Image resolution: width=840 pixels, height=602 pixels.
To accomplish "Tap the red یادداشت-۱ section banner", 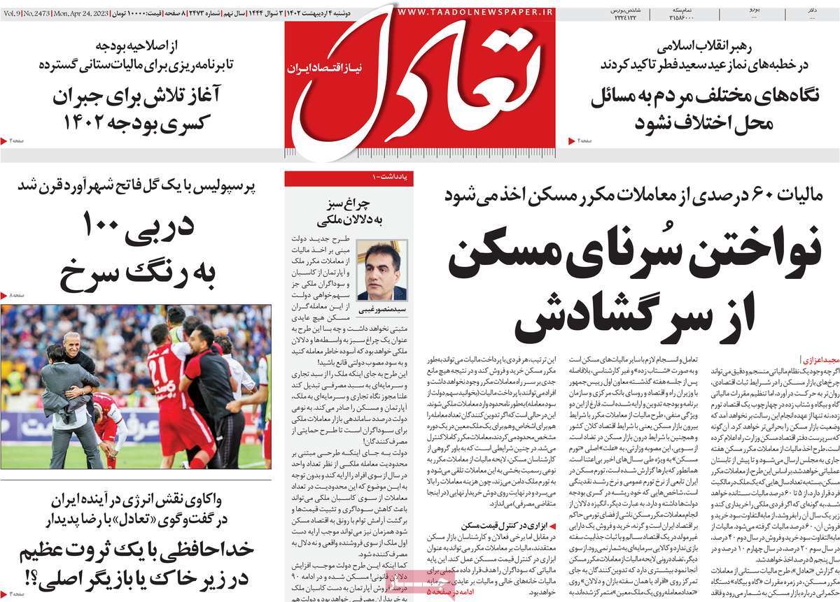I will click(349, 179).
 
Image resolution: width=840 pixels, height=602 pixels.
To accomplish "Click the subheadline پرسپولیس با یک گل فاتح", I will click(137, 186).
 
